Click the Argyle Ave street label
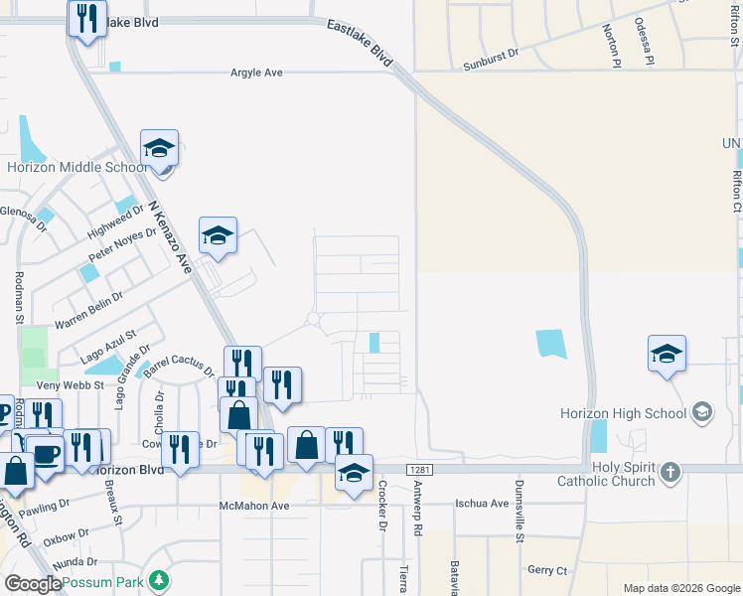pyautogui.click(x=257, y=73)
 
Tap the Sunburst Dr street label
pyautogui.click(x=491, y=66)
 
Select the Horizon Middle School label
pyautogui.click(x=77, y=168)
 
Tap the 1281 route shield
pyautogui.click(x=419, y=469)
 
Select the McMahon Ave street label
pyautogui.click(x=253, y=506)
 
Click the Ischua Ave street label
pyautogui.click(x=482, y=504)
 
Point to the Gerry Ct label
pyautogui.click(x=547, y=570)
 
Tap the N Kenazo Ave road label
pyautogui.click(x=170, y=237)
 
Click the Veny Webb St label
pyautogui.click(x=69, y=384)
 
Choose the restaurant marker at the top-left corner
pyautogui.click(x=87, y=17)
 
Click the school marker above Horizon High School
pyautogui.click(x=667, y=354)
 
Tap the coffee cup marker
pyautogui.click(x=45, y=454)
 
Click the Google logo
pyautogui.click(x=33, y=584)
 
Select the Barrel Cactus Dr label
pyautogui.click(x=179, y=367)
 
